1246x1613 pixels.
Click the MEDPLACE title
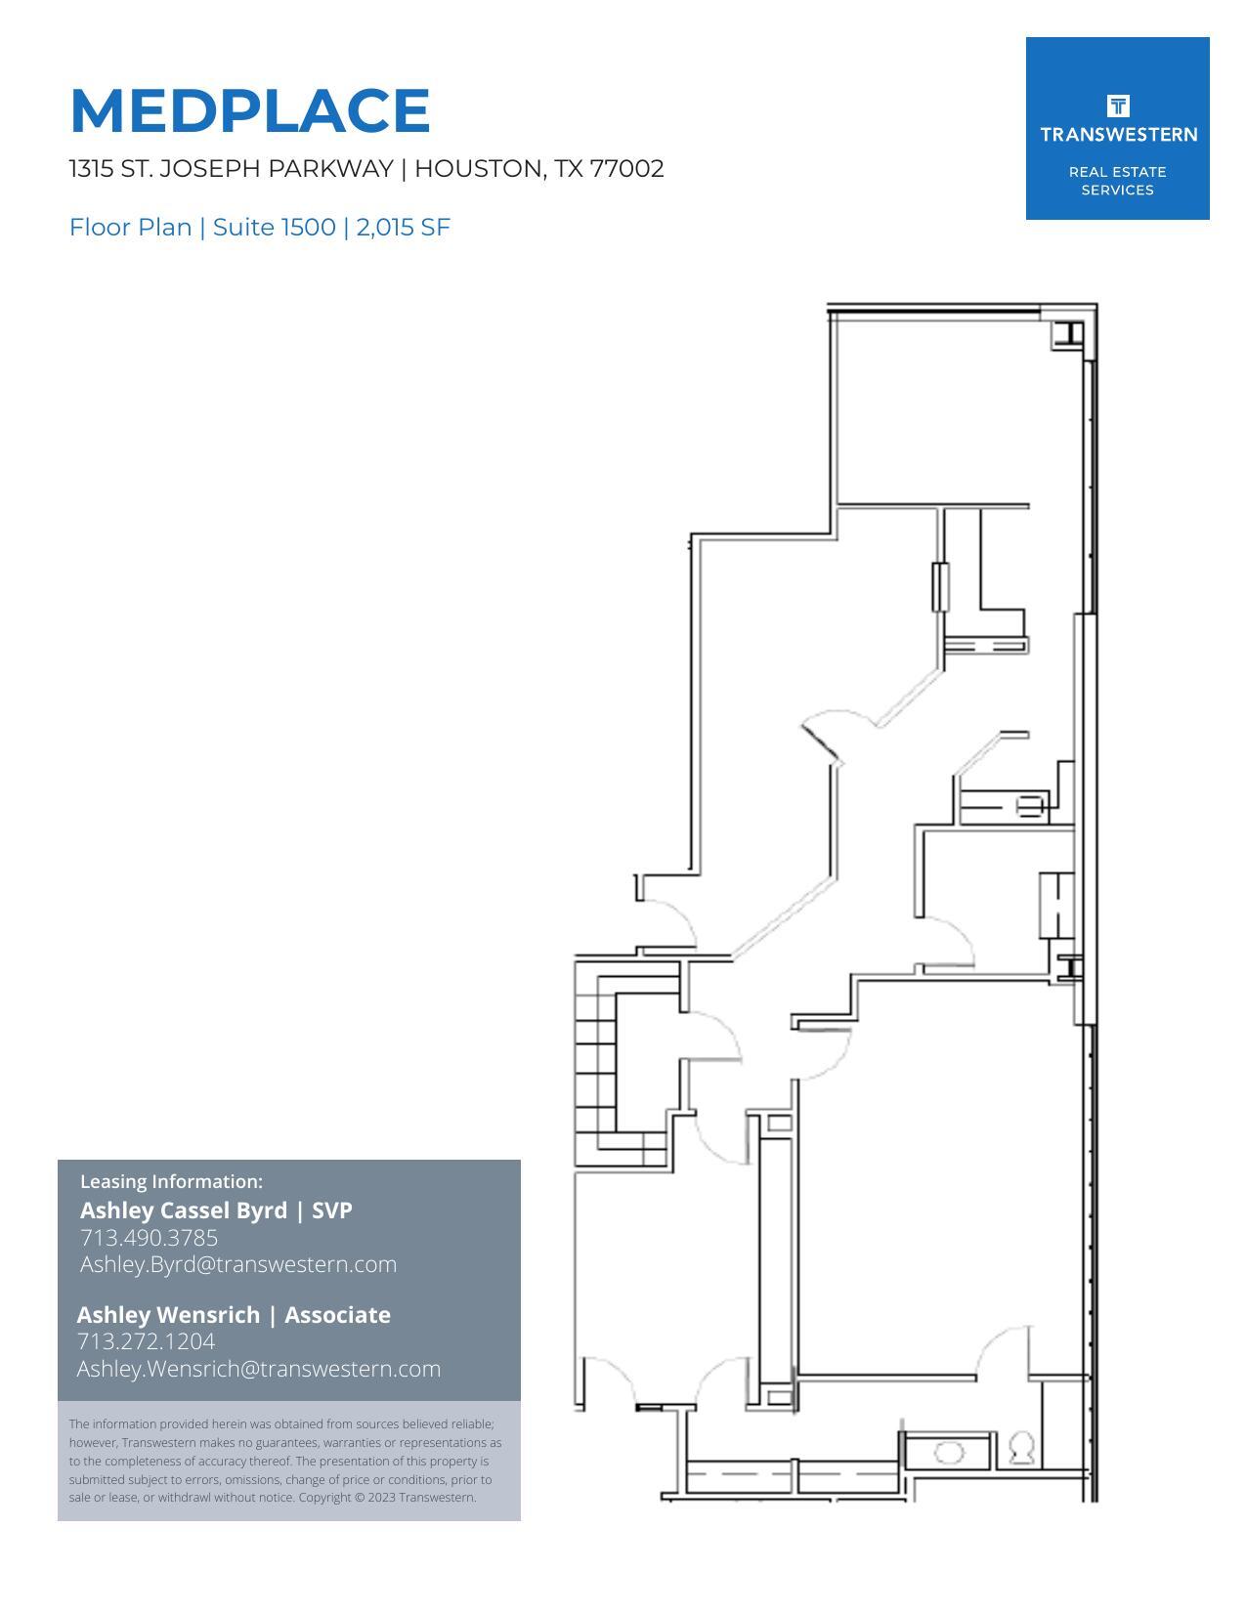click(x=250, y=110)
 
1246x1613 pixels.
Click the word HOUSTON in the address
click(x=480, y=169)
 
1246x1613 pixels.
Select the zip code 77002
click(x=626, y=169)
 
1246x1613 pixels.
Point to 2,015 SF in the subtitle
click(x=403, y=228)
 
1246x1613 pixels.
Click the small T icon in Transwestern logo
click(x=1118, y=106)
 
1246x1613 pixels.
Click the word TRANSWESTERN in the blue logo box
click(x=1118, y=135)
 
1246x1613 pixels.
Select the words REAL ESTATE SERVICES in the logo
click(x=1117, y=181)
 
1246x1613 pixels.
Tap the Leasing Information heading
click(x=171, y=1181)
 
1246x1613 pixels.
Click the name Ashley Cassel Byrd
click(x=184, y=1210)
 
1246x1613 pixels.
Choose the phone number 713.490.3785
click(x=149, y=1238)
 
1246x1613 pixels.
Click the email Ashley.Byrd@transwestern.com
click(x=238, y=1264)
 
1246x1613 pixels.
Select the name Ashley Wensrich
click(x=168, y=1315)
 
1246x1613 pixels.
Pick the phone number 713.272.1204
click(x=146, y=1341)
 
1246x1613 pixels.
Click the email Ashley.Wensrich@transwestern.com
click(x=259, y=1369)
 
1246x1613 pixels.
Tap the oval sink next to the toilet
click(x=948, y=1453)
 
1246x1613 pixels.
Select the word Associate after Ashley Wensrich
click(x=337, y=1315)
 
